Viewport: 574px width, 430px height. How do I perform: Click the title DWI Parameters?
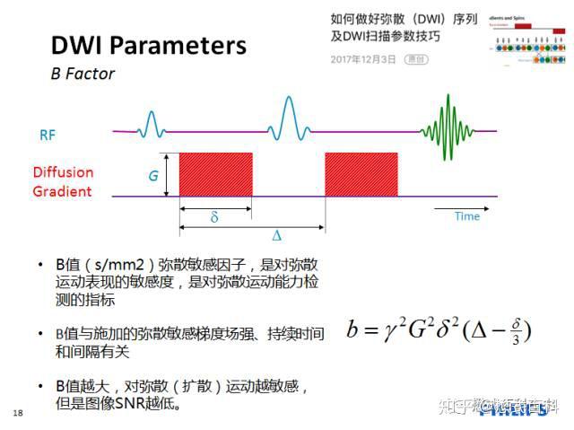pyautogui.click(x=148, y=45)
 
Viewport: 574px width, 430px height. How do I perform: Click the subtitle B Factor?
pyautogui.click(x=83, y=74)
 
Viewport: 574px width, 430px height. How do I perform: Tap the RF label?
pyautogui.click(x=48, y=136)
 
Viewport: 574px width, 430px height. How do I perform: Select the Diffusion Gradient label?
pyautogui.click(x=63, y=181)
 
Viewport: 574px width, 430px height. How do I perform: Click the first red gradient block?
pyautogui.click(x=216, y=173)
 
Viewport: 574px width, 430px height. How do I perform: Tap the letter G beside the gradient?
pyautogui.click(x=153, y=176)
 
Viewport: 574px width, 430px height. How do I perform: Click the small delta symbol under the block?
pyautogui.click(x=214, y=217)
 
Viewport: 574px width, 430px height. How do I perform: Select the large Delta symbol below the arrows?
pyautogui.click(x=276, y=235)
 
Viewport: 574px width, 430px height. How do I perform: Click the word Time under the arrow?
pyautogui.click(x=466, y=216)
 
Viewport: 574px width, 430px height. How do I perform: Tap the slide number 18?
pyautogui.click(x=18, y=413)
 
